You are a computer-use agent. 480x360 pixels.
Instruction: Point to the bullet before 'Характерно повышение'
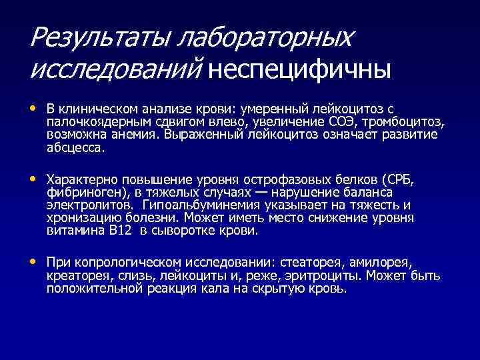(34, 179)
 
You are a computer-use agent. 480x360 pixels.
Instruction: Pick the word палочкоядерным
(89, 121)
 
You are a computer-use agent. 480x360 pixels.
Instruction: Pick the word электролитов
(84, 205)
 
